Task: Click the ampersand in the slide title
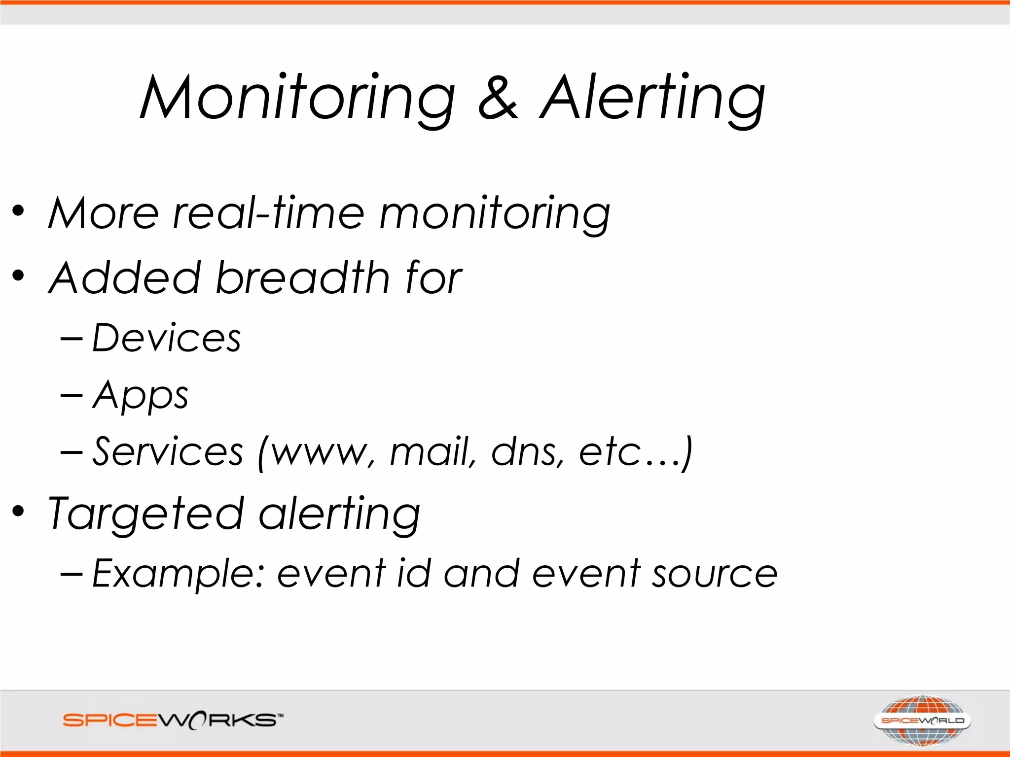point(498,98)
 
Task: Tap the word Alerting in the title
point(652,98)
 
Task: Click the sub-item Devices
point(167,338)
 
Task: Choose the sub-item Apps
point(141,395)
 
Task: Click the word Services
point(168,451)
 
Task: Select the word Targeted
point(146,515)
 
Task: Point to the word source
point(715,575)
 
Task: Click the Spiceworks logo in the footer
point(173,721)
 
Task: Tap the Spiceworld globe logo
point(922,721)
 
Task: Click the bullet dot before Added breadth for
point(18,275)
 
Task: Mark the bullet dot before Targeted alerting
point(18,511)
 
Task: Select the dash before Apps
point(71,395)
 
